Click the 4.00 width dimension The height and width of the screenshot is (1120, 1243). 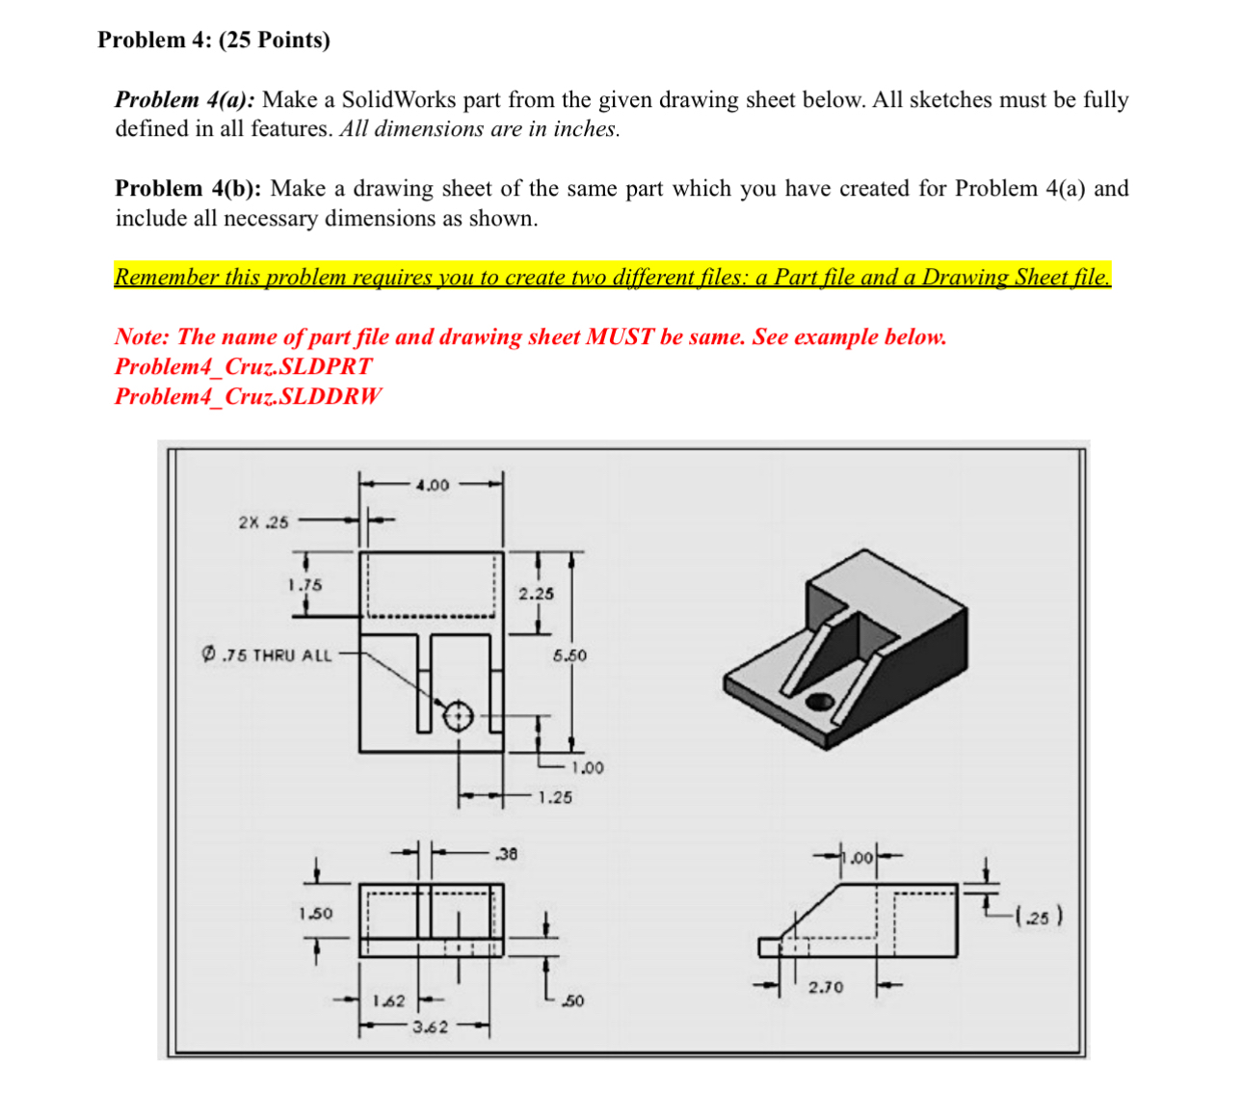point(433,485)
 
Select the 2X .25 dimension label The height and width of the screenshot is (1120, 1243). point(263,522)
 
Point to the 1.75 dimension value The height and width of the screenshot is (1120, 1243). point(304,585)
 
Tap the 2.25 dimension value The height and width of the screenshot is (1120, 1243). point(537,594)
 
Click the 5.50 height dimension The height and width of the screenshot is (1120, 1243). point(569,655)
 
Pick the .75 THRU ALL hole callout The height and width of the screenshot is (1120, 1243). point(267,655)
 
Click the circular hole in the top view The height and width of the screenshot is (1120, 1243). point(458,716)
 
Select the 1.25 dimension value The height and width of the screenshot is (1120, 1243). point(555,797)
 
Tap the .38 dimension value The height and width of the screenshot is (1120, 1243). point(506,853)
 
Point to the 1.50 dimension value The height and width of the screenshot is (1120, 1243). point(315,913)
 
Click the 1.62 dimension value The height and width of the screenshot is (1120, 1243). point(388,1001)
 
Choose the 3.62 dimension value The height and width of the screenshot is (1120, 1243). point(430,1027)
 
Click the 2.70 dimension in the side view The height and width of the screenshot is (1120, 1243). point(826,987)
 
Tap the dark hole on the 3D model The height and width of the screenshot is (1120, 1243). point(820,701)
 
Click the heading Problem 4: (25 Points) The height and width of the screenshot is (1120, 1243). point(214,40)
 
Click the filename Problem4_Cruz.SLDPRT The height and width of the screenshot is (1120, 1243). point(243,366)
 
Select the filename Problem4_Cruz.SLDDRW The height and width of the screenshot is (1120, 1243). point(248,396)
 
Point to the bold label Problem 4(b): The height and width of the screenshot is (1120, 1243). point(188,188)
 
